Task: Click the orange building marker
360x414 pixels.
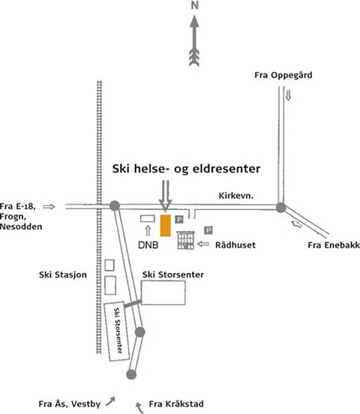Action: tap(165, 225)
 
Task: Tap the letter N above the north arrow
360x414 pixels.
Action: tap(195, 5)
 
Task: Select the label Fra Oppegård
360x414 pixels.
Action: tap(283, 75)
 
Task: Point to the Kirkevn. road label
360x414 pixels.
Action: tap(235, 196)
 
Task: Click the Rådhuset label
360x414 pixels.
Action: tap(235, 245)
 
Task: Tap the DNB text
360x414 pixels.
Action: tap(148, 245)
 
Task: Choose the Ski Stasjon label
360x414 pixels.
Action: tap(63, 274)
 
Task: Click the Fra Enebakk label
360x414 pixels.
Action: tap(334, 245)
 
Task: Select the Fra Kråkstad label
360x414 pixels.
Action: tap(176, 404)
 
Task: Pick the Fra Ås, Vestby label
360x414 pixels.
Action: tap(70, 404)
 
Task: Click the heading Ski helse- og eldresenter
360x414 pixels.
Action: tap(186, 169)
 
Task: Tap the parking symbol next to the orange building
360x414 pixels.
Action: tap(179, 219)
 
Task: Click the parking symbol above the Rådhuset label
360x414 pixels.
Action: tap(208, 230)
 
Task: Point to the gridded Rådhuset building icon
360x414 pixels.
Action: tap(185, 240)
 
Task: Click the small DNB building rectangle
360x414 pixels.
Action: tap(148, 218)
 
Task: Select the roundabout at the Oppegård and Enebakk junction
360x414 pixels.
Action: tap(281, 208)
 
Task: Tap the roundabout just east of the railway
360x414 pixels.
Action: tap(115, 205)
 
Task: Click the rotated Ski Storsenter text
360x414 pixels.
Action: tap(118, 331)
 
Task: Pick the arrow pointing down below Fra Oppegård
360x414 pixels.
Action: tap(288, 95)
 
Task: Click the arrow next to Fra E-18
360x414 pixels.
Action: tap(49, 206)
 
